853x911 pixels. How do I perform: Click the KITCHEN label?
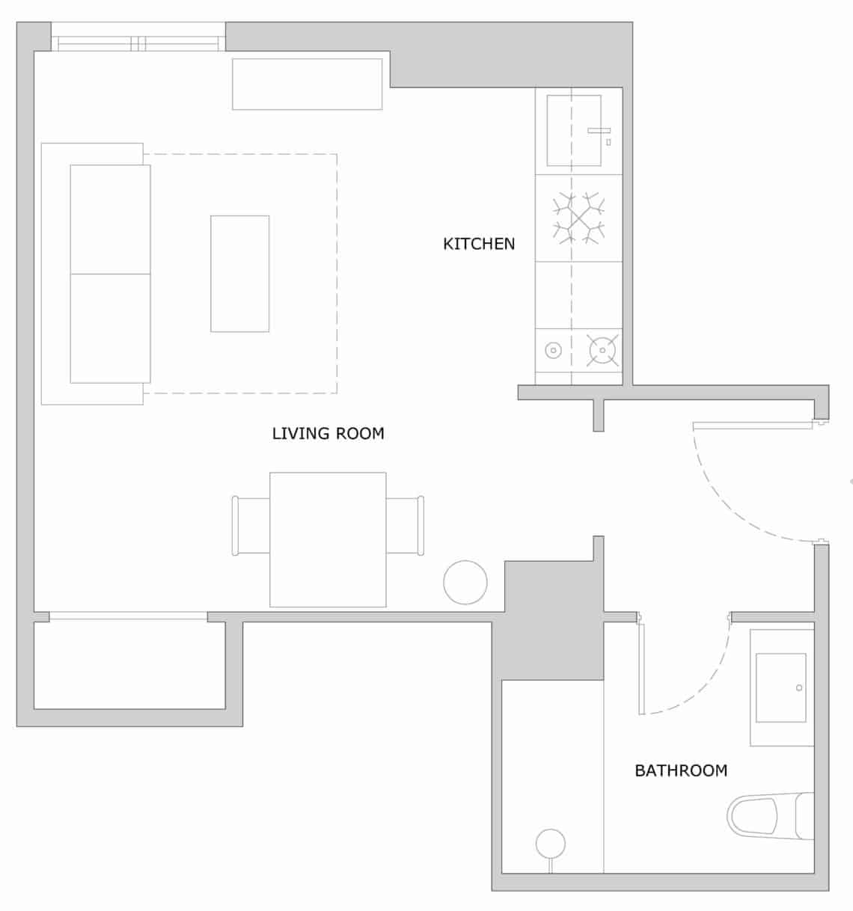click(479, 244)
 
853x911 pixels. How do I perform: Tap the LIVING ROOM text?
click(328, 433)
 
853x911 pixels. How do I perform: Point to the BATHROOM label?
click(680, 770)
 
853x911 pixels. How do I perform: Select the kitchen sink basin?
click(573, 130)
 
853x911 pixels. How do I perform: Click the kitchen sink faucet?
click(599, 131)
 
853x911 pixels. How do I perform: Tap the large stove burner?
click(603, 349)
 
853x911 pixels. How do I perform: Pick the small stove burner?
click(553, 349)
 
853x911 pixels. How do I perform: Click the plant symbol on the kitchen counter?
click(578, 218)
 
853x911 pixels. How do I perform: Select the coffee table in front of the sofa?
click(239, 273)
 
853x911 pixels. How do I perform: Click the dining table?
click(328, 539)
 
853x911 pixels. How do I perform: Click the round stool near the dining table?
click(465, 582)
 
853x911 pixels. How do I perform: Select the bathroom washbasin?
click(780, 687)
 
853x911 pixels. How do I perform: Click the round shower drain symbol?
click(550, 843)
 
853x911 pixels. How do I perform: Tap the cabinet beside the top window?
click(307, 84)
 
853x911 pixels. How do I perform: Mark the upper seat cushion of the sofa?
click(110, 219)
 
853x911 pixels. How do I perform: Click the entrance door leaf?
click(752, 426)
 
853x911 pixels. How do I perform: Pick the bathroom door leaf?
click(641, 665)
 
